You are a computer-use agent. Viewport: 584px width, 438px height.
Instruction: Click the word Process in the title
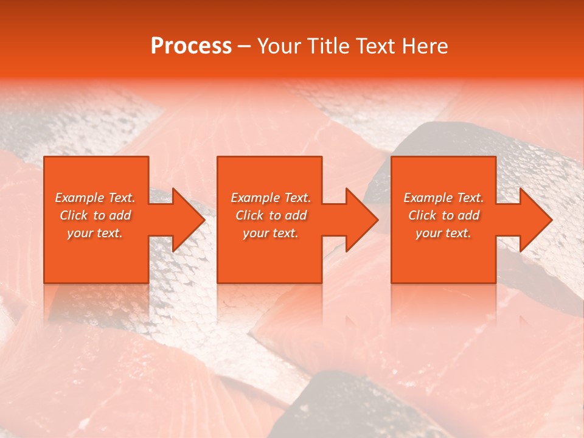191,46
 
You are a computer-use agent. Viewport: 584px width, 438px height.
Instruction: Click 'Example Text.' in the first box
95,198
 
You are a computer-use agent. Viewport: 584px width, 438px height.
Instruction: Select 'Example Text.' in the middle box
271,198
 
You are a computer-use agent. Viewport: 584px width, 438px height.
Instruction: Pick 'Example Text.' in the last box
443,198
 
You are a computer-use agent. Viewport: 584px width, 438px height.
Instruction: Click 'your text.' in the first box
95,233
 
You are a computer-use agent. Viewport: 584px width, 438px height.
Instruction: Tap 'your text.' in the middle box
271,233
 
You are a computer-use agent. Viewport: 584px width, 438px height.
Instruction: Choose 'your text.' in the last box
443,233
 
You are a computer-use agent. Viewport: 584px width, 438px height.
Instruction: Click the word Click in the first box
74,215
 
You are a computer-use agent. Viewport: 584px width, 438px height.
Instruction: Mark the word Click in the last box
423,215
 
